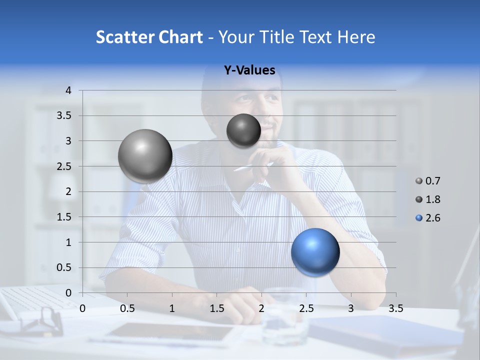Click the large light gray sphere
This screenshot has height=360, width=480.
click(145, 156)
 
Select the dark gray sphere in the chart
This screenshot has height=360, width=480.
click(243, 130)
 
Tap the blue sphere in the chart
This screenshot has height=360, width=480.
click(315, 252)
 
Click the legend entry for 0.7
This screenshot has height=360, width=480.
click(428, 181)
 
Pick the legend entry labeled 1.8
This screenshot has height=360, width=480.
click(428, 199)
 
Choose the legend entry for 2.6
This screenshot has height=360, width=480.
click(428, 218)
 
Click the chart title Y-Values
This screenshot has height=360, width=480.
click(249, 70)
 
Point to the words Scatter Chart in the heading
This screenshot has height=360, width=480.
click(149, 37)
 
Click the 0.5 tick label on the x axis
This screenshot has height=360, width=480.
click(127, 308)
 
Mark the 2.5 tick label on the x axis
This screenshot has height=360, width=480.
click(306, 308)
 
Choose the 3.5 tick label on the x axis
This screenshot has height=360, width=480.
click(395, 308)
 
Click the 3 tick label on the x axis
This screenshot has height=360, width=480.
click(351, 308)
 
